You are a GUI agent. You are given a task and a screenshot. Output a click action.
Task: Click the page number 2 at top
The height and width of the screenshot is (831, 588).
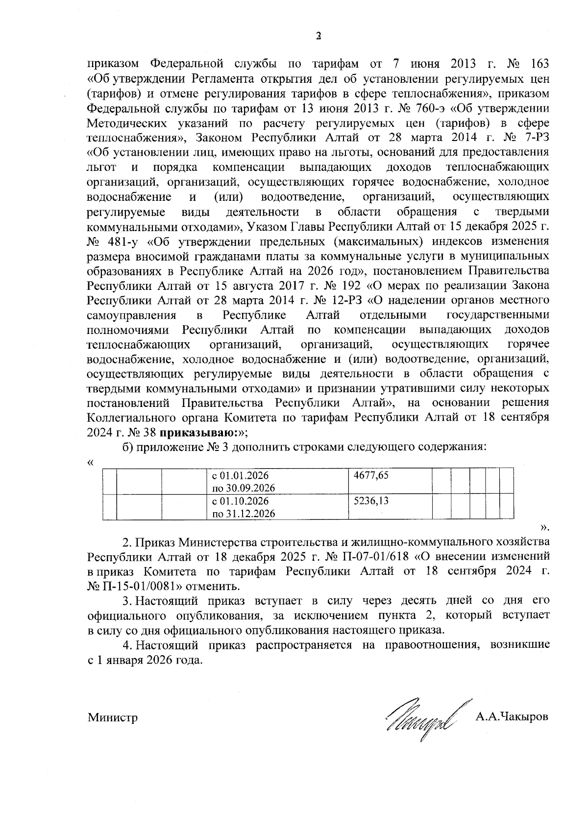(x=318, y=36)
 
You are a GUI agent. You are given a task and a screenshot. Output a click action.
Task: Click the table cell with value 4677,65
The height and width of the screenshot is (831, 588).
(x=371, y=475)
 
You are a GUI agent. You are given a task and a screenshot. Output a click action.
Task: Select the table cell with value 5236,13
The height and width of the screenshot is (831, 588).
(x=371, y=501)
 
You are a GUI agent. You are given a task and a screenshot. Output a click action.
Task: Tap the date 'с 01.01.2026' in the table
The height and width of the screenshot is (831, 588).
(x=240, y=475)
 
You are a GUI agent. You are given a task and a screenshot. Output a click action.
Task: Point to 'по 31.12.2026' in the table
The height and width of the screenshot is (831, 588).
(x=243, y=514)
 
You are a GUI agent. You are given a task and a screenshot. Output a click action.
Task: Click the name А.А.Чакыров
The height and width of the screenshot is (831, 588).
(x=512, y=717)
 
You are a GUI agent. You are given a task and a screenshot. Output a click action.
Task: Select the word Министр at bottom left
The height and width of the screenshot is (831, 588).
(x=113, y=718)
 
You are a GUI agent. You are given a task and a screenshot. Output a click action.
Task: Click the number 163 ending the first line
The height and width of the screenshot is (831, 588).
(x=539, y=64)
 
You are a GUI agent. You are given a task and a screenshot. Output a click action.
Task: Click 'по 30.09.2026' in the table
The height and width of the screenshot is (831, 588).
(x=243, y=488)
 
